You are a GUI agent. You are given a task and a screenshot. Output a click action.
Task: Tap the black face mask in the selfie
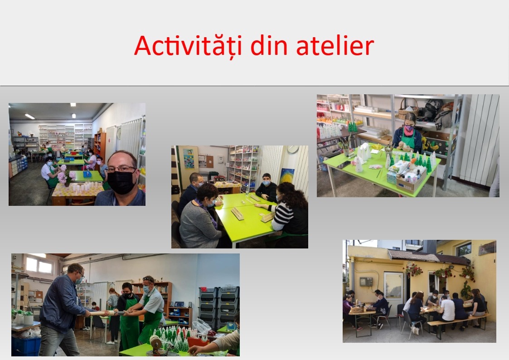[121, 182]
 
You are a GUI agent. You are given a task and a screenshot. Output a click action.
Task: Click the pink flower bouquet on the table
[66, 175]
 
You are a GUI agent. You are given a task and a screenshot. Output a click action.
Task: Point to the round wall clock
[293, 149]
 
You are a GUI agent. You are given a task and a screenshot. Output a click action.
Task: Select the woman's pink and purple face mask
[409, 129]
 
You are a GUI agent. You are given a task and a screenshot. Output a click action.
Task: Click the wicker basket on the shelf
[408, 111]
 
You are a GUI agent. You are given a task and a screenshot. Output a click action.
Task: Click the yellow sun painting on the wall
[287, 175]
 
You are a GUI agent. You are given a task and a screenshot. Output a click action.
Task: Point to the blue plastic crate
[26, 345]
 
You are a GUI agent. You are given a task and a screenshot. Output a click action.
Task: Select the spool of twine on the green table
[156, 343]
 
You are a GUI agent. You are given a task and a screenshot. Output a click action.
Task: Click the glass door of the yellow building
[393, 290]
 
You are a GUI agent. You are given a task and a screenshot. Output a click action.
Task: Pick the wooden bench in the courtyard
[456, 323]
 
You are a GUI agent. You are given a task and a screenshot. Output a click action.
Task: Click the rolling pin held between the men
[104, 313]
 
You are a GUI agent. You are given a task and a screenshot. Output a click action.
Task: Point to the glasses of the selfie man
[122, 169]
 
